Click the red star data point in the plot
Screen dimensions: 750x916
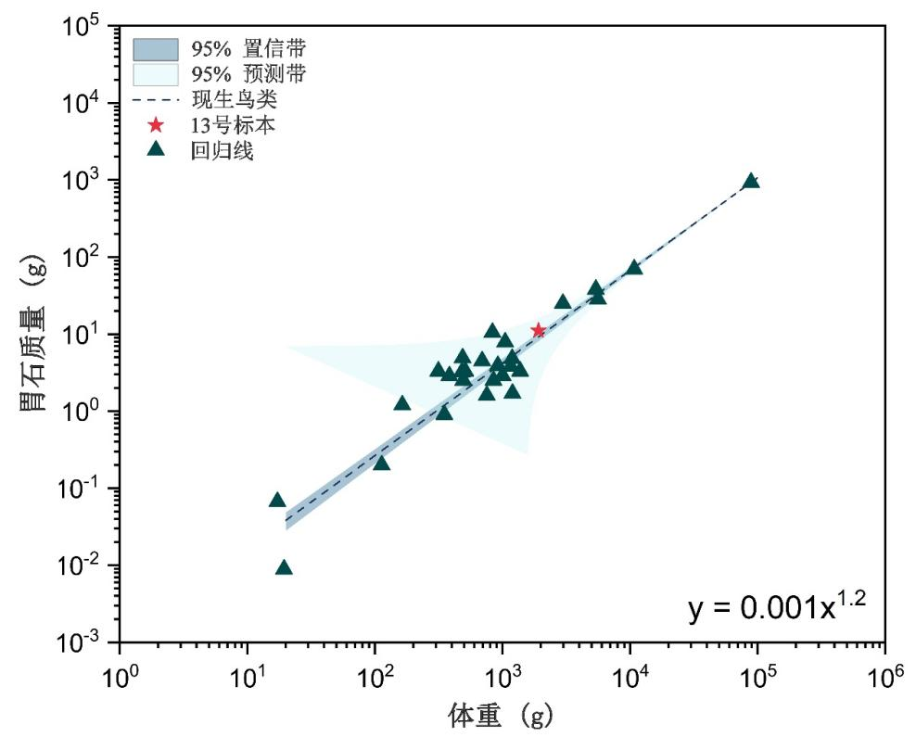pyautogui.click(x=539, y=330)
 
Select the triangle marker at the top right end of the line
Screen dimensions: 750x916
pyautogui.click(x=751, y=181)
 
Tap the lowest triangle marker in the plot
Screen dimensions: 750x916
pyautogui.click(x=284, y=567)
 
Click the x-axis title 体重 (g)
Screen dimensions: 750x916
pyautogui.click(x=502, y=717)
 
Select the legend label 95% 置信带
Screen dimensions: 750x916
pyautogui.click(x=255, y=48)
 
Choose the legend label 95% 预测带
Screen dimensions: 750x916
pyautogui.click(x=255, y=73)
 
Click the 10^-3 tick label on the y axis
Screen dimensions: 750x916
pyautogui.click(x=83, y=642)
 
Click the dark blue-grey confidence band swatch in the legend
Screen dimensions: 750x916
pyautogui.click(x=155, y=48)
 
